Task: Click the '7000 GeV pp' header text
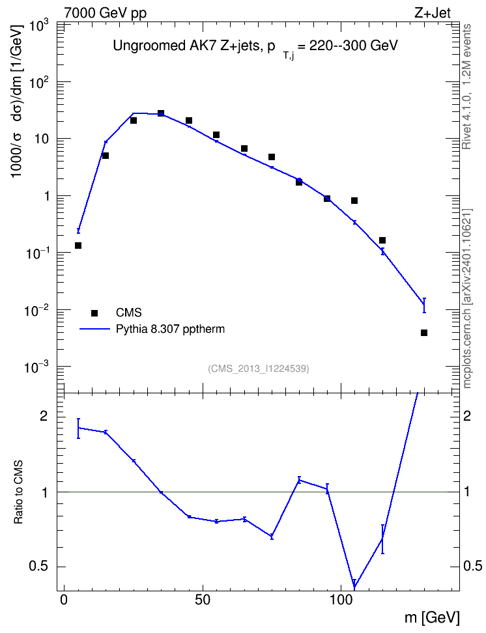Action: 105,13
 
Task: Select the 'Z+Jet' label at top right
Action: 433,13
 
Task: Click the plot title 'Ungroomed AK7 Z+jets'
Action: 186,46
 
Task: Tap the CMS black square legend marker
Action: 94,313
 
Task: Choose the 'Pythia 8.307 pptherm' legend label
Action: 170,330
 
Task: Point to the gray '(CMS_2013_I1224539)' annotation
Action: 259,369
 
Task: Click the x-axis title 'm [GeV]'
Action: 432,617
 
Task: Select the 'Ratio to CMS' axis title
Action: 18,492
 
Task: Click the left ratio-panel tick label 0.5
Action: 40,567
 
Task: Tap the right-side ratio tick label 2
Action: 466,416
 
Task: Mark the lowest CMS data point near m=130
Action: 424,333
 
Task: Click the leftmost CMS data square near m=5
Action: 78,246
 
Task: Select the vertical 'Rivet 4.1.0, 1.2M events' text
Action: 466,87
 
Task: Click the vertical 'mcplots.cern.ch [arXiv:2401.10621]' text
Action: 466,299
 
